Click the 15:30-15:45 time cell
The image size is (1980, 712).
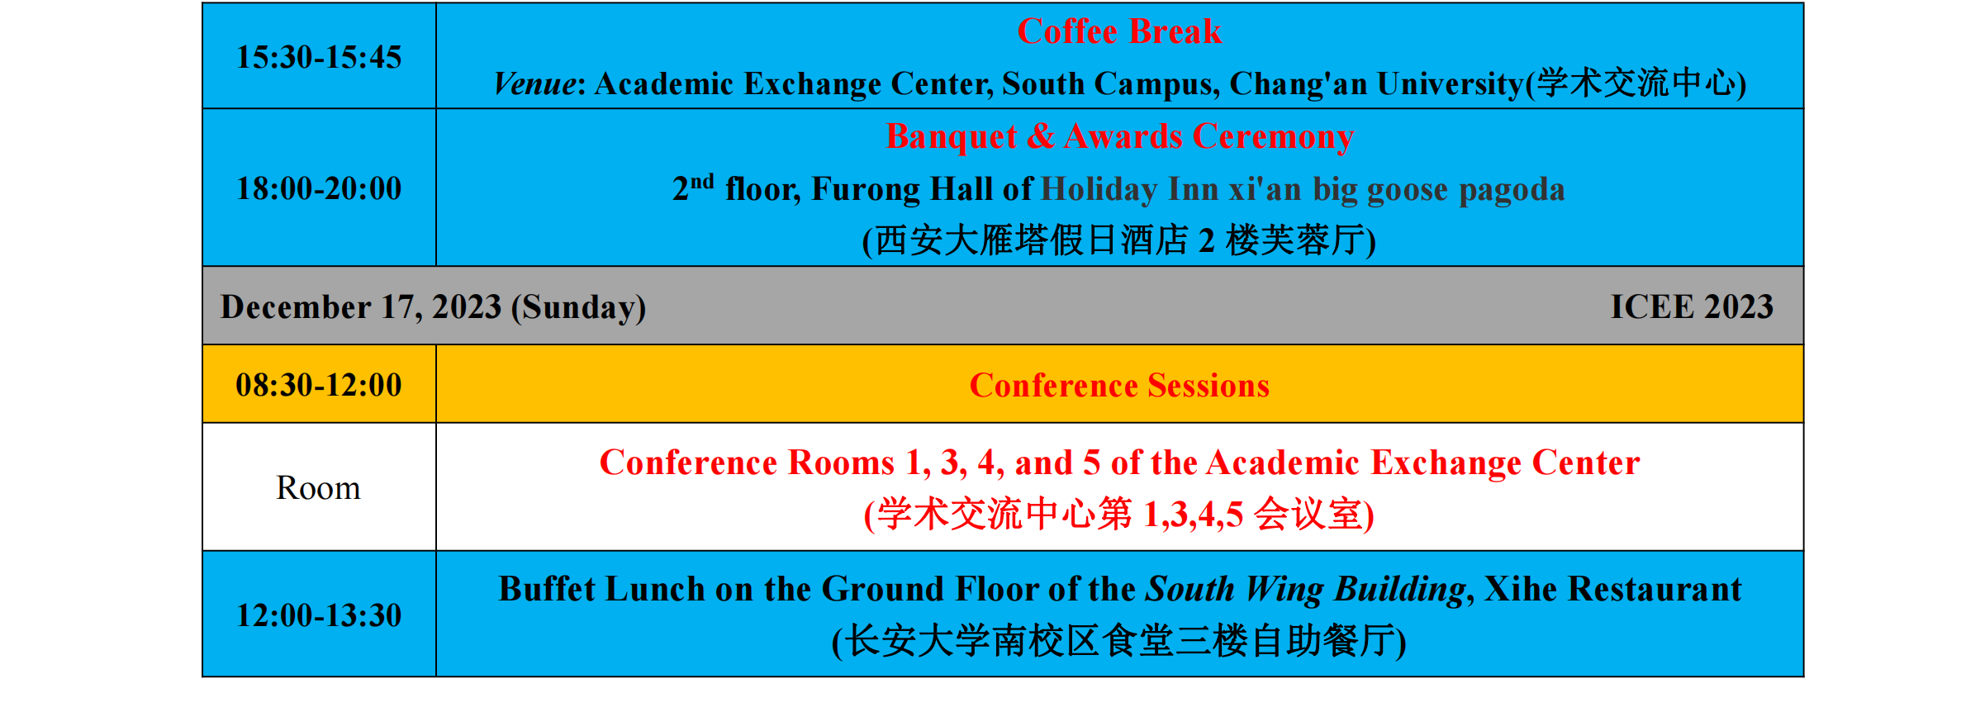tap(319, 56)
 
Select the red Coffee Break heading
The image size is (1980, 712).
tap(1119, 31)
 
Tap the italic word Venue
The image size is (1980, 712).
tap(534, 83)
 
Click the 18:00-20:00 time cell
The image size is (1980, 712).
tap(319, 187)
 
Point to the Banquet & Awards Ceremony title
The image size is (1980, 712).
tap(1119, 136)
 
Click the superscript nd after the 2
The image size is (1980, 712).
tap(702, 181)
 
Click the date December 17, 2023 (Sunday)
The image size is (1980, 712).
tap(433, 306)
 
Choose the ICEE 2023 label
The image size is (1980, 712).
tap(1692, 306)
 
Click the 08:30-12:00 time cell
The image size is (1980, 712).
tap(319, 384)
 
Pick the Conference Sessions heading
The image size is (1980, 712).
tap(1119, 386)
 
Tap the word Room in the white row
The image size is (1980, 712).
tap(318, 487)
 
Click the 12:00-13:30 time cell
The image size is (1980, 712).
tap(319, 615)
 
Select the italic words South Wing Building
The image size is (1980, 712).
tap(1305, 590)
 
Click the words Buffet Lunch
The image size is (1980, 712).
tap(602, 589)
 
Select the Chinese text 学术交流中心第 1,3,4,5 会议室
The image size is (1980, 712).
tap(1119, 514)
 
